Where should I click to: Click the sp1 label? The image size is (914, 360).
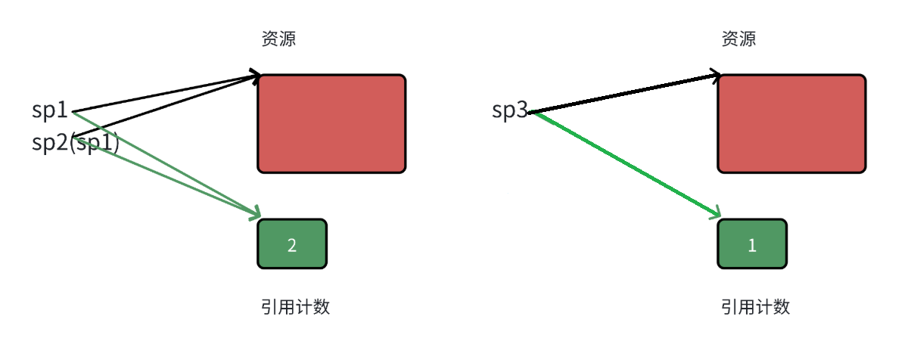[x=50, y=110]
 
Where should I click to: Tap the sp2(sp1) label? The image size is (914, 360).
[x=75, y=142]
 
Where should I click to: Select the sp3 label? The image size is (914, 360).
[x=509, y=110]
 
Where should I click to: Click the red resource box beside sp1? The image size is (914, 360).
[x=331, y=124]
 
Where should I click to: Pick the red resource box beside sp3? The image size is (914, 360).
[x=791, y=124]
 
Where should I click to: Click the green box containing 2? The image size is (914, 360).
[x=292, y=244]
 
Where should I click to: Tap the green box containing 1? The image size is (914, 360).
[x=752, y=244]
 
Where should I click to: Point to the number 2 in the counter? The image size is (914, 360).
[x=292, y=245]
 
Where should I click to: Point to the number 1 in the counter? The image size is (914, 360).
[x=752, y=245]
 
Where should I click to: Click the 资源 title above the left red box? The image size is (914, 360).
[x=278, y=39]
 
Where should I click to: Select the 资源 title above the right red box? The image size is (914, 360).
[x=738, y=39]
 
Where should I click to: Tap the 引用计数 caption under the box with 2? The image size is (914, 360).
[x=295, y=307]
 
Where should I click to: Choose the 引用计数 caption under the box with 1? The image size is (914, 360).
[x=755, y=307]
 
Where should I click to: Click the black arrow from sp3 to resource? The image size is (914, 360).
[x=624, y=93]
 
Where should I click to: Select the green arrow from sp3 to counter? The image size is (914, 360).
[x=624, y=164]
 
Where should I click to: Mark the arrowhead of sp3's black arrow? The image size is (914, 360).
[x=716, y=75]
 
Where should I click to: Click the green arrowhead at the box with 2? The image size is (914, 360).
[x=256, y=213]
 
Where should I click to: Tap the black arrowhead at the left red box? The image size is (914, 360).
[x=256, y=75]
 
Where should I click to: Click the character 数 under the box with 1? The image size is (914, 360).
[x=782, y=307]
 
